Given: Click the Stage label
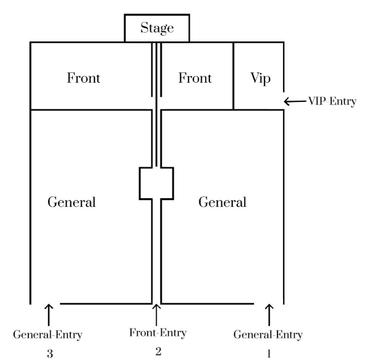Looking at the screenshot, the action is (x=157, y=28).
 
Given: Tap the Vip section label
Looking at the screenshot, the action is (x=260, y=78).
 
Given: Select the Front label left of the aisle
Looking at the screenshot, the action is (x=83, y=78).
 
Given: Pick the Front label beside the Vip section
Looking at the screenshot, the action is (x=195, y=78).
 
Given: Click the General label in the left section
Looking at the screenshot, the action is (x=72, y=202).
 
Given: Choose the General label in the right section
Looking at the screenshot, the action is (x=222, y=202).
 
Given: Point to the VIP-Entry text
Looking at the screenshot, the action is (x=332, y=101).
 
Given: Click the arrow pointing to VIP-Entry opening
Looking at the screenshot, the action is (x=295, y=101).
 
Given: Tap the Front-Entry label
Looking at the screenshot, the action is (x=158, y=333).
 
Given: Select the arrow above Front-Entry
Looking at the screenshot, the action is (x=156, y=315).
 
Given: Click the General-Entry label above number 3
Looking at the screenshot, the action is (x=48, y=335).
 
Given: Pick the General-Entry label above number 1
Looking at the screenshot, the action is (x=268, y=335).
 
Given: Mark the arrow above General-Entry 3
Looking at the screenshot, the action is (x=49, y=315).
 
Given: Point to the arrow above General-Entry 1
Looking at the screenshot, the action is (x=269, y=315).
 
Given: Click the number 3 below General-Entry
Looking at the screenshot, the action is (x=50, y=353).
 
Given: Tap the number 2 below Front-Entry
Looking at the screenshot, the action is (x=158, y=351).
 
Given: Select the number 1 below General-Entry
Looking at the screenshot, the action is (x=269, y=353).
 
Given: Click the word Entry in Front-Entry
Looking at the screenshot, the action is (x=173, y=333).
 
